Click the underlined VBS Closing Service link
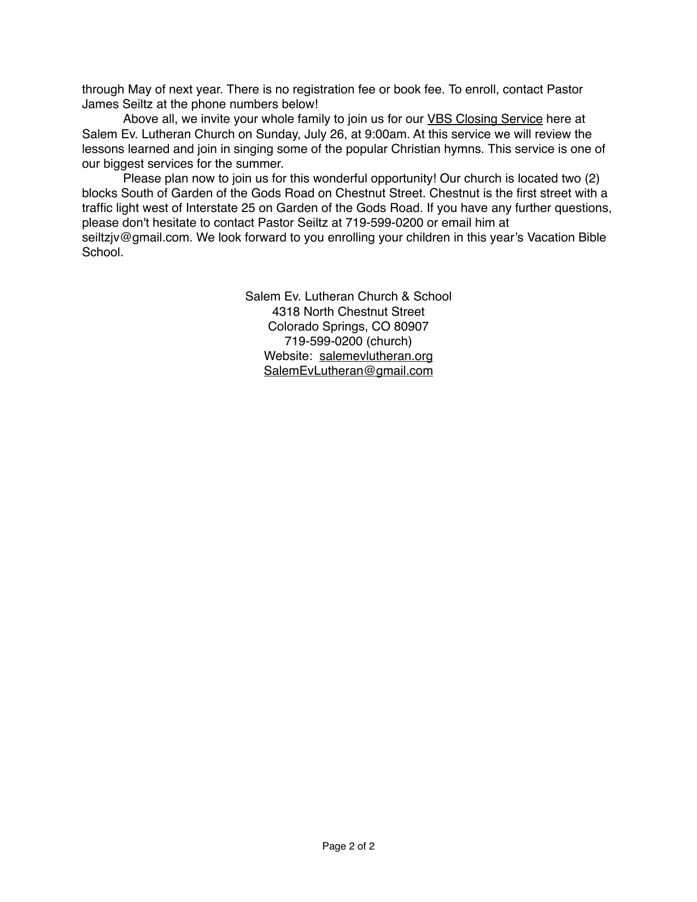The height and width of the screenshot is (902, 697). click(x=484, y=119)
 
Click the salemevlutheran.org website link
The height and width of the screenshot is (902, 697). click(x=376, y=356)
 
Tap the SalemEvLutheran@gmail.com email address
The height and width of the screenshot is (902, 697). click(x=348, y=371)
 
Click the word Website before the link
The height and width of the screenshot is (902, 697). click(x=286, y=356)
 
